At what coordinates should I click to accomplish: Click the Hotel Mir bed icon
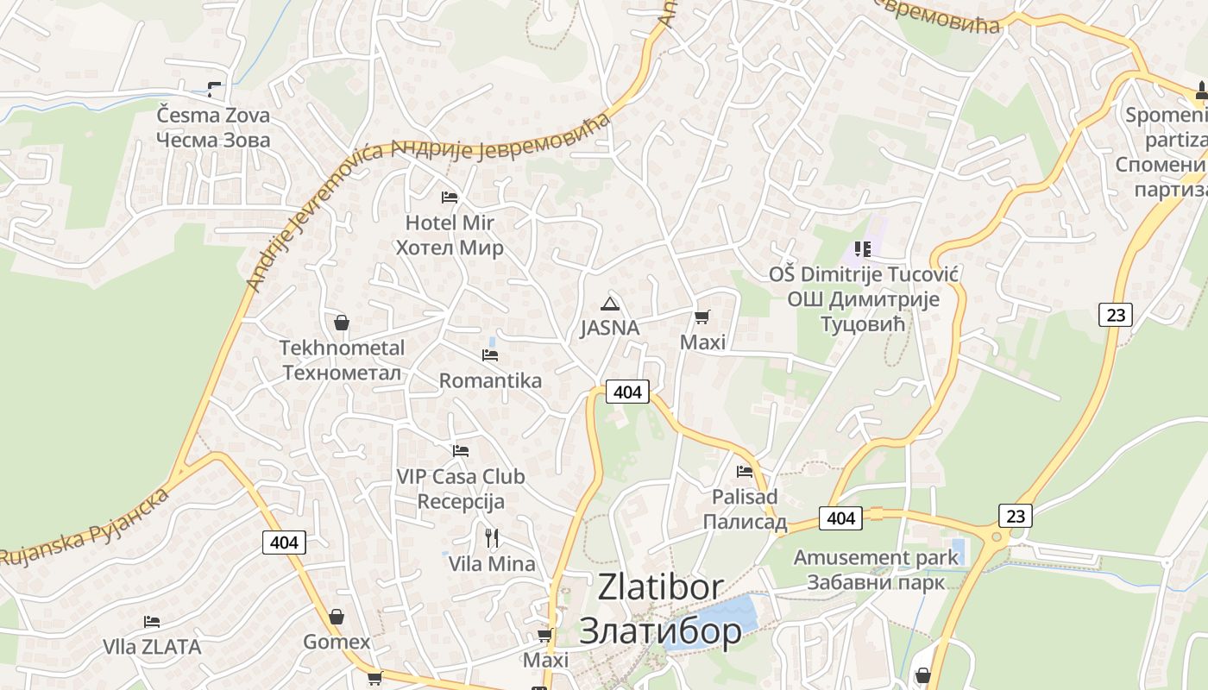450,198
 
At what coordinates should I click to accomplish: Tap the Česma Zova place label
213,116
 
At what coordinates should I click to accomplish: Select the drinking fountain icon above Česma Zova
214,89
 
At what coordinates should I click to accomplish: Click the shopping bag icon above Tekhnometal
342,323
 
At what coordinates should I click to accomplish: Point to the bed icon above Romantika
490,354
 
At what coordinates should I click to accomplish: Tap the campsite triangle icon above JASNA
610,303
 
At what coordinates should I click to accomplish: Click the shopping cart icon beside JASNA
702,317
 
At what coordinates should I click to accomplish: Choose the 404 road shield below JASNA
627,392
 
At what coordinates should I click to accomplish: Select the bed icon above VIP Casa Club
461,450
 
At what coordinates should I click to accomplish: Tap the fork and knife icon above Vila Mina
492,538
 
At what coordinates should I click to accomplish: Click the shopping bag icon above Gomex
337,617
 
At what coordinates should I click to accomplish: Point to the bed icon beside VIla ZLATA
152,621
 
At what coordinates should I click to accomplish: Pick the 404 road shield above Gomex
284,542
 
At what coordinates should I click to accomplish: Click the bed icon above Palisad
745,471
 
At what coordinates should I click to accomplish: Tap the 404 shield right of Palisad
840,517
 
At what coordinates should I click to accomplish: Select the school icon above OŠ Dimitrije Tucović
862,249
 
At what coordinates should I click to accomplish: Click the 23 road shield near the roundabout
1016,516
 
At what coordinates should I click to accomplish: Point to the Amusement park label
876,557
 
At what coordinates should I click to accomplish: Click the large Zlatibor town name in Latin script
660,587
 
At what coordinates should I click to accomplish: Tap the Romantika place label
490,380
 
